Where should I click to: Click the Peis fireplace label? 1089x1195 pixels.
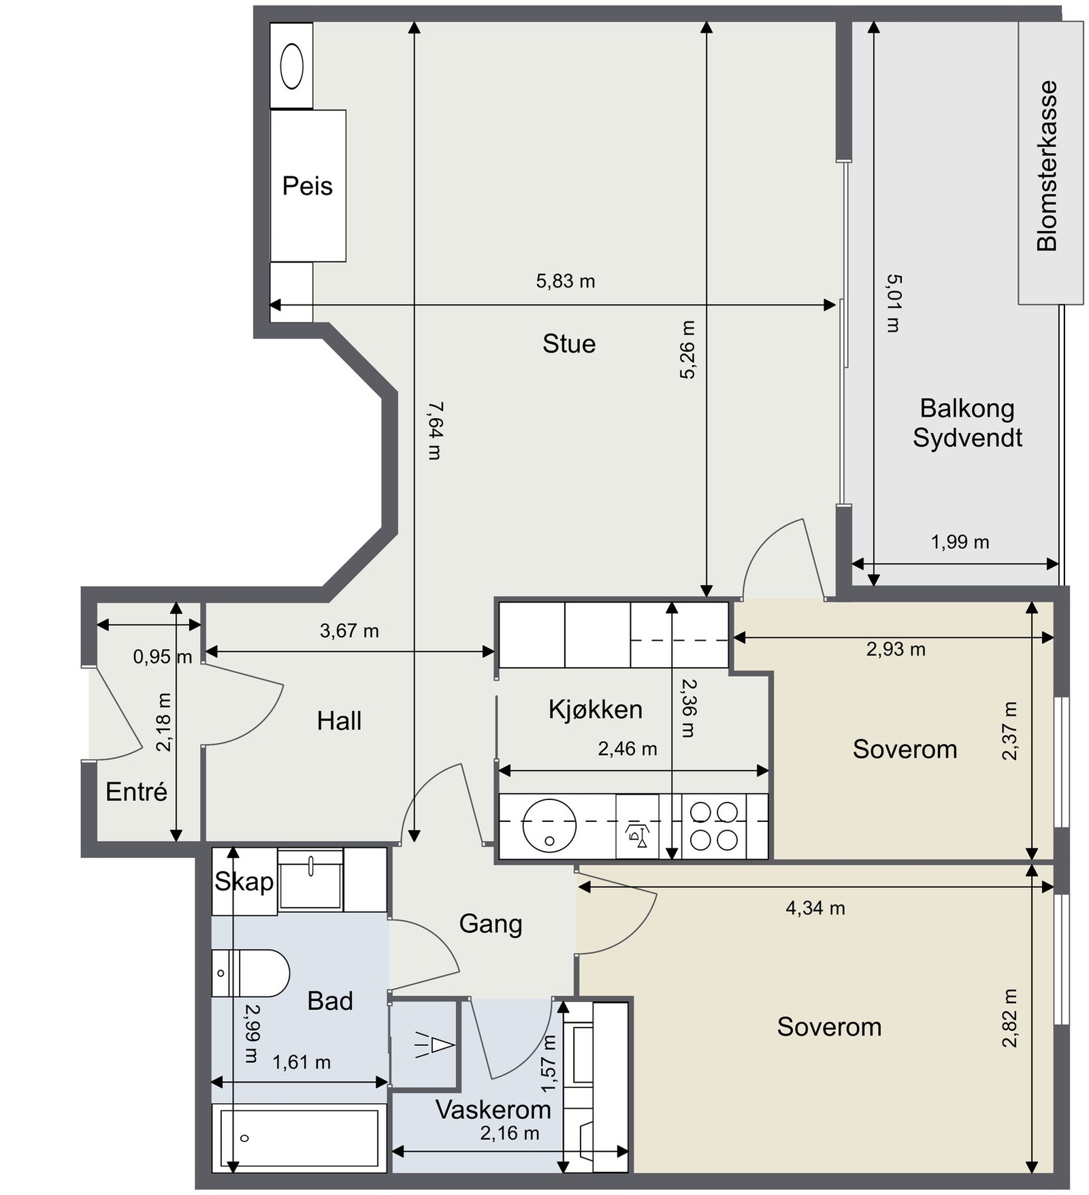[308, 186]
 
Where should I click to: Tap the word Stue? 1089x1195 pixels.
[569, 344]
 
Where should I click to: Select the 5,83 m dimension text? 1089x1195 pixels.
[566, 281]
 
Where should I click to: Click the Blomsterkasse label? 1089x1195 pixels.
[1047, 166]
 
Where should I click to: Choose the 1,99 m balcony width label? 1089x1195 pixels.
[960, 542]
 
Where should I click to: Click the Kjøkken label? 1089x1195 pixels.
[596, 710]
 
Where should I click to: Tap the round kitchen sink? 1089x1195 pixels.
[549, 825]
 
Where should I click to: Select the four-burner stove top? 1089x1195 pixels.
[714, 826]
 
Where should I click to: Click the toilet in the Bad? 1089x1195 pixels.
[250, 973]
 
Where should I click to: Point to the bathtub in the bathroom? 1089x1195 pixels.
[299, 1138]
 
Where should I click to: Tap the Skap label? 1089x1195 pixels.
[244, 882]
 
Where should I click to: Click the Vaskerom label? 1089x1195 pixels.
[493, 1110]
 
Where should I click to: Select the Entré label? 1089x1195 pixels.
[137, 792]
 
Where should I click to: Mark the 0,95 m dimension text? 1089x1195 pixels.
[163, 657]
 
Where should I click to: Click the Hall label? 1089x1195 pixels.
[339, 721]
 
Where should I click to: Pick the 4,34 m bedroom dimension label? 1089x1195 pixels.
[815, 908]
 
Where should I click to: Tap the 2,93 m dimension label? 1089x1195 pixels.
[896, 649]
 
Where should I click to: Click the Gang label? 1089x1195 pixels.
[491, 924]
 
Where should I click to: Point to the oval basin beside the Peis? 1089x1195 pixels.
[292, 66]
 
